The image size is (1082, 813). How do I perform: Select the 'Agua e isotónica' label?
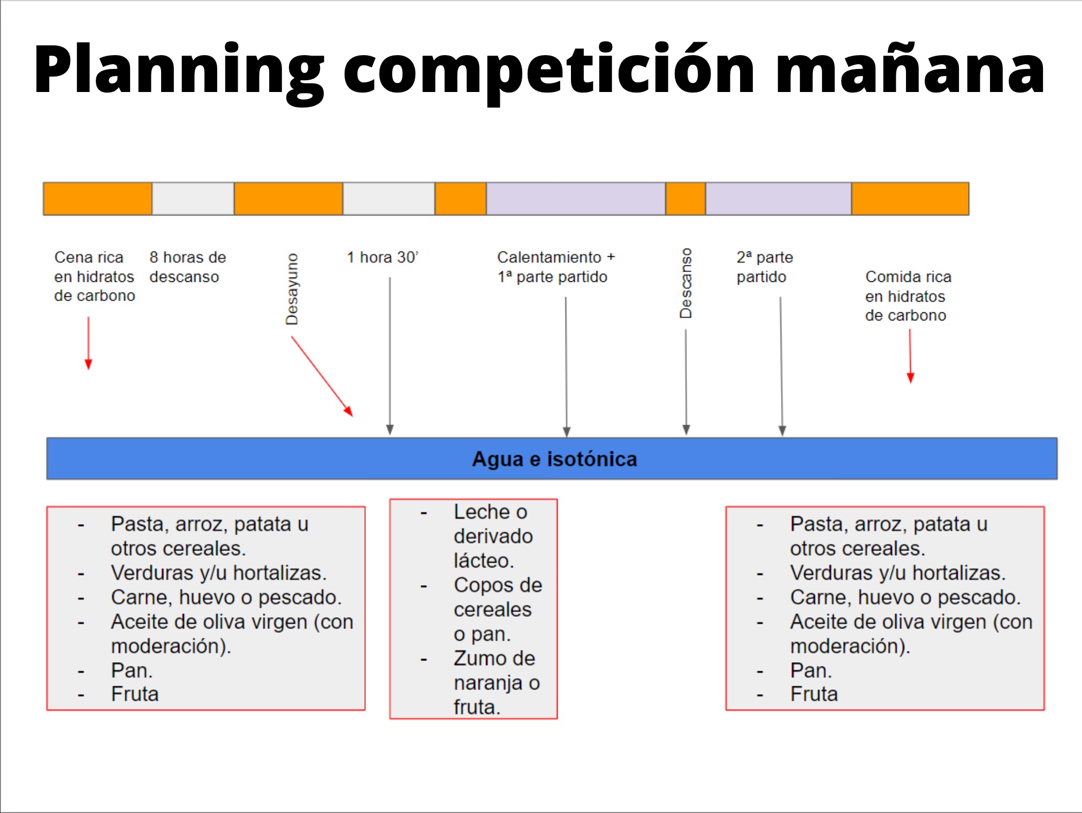(554, 459)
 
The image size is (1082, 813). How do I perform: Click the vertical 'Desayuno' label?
(292, 289)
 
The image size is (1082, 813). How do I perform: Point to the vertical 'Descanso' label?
(685, 283)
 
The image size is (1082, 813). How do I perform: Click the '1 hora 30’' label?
(382, 257)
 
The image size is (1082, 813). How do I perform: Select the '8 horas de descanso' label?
(188, 267)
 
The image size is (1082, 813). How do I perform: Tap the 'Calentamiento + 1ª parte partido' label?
(556, 267)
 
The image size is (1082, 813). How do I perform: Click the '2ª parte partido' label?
(765, 267)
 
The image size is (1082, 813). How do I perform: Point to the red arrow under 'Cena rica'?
(89, 343)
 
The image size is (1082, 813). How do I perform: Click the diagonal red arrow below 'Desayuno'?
(322, 377)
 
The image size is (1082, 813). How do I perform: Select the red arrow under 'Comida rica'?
(910, 356)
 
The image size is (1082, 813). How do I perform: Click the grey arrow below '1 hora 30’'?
(390, 356)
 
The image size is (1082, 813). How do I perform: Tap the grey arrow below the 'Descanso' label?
(686, 382)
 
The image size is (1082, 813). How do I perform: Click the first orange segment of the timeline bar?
(98, 199)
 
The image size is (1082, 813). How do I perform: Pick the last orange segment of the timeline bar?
(910, 199)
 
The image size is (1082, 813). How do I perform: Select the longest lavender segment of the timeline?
(576, 199)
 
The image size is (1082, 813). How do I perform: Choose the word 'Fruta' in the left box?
(135, 694)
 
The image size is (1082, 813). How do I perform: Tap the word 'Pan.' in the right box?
(811, 670)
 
